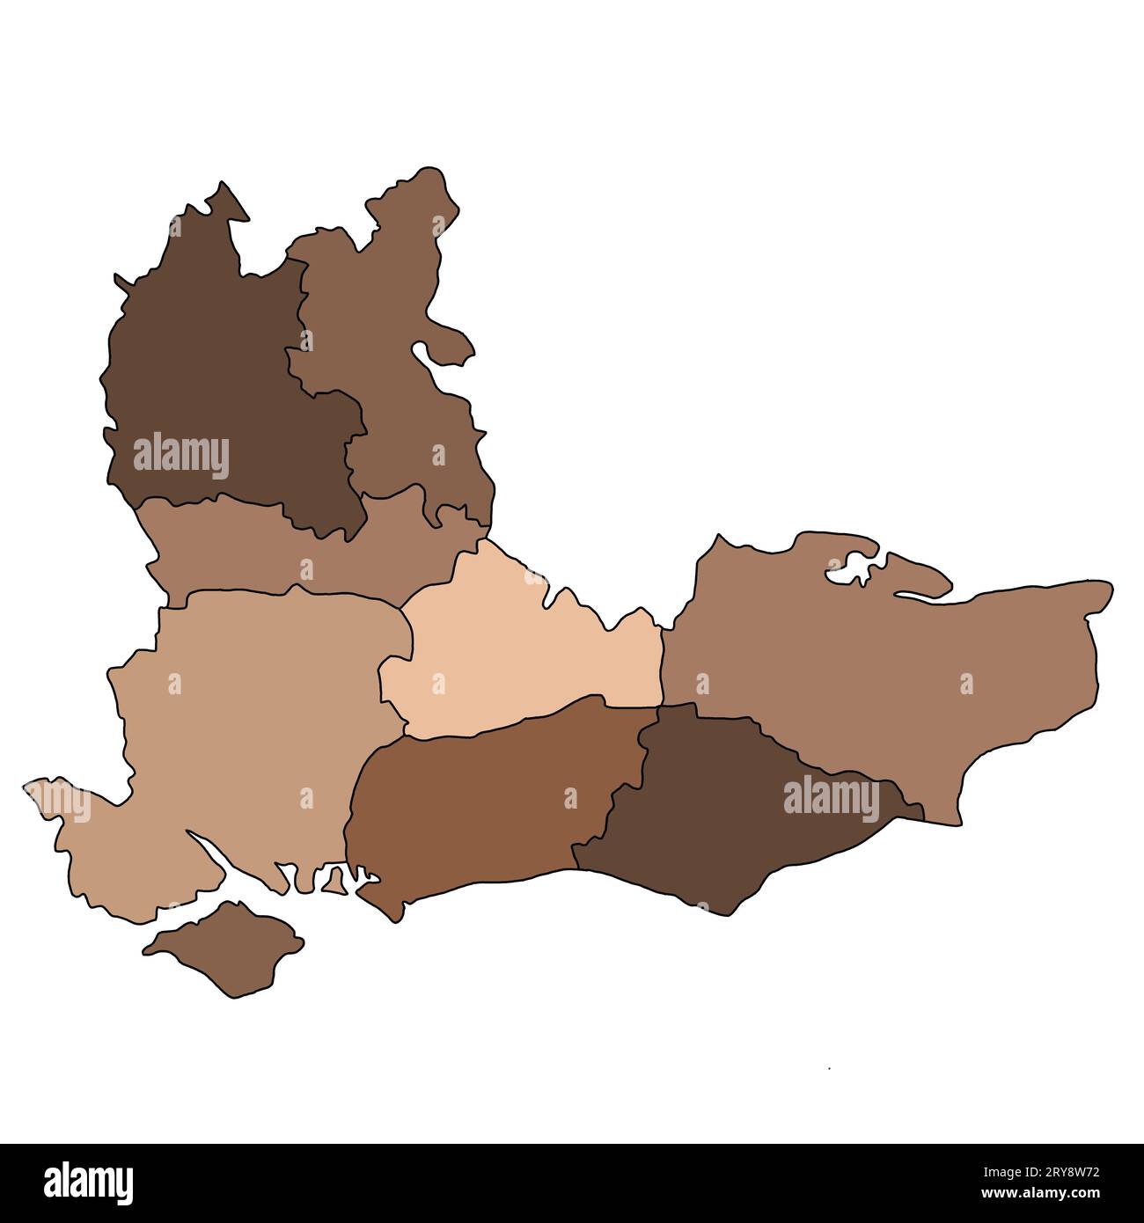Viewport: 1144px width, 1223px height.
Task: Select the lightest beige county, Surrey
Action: click(519, 660)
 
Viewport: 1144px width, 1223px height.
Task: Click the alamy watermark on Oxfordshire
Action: click(181, 457)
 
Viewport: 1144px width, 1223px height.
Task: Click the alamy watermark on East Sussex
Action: click(831, 800)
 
